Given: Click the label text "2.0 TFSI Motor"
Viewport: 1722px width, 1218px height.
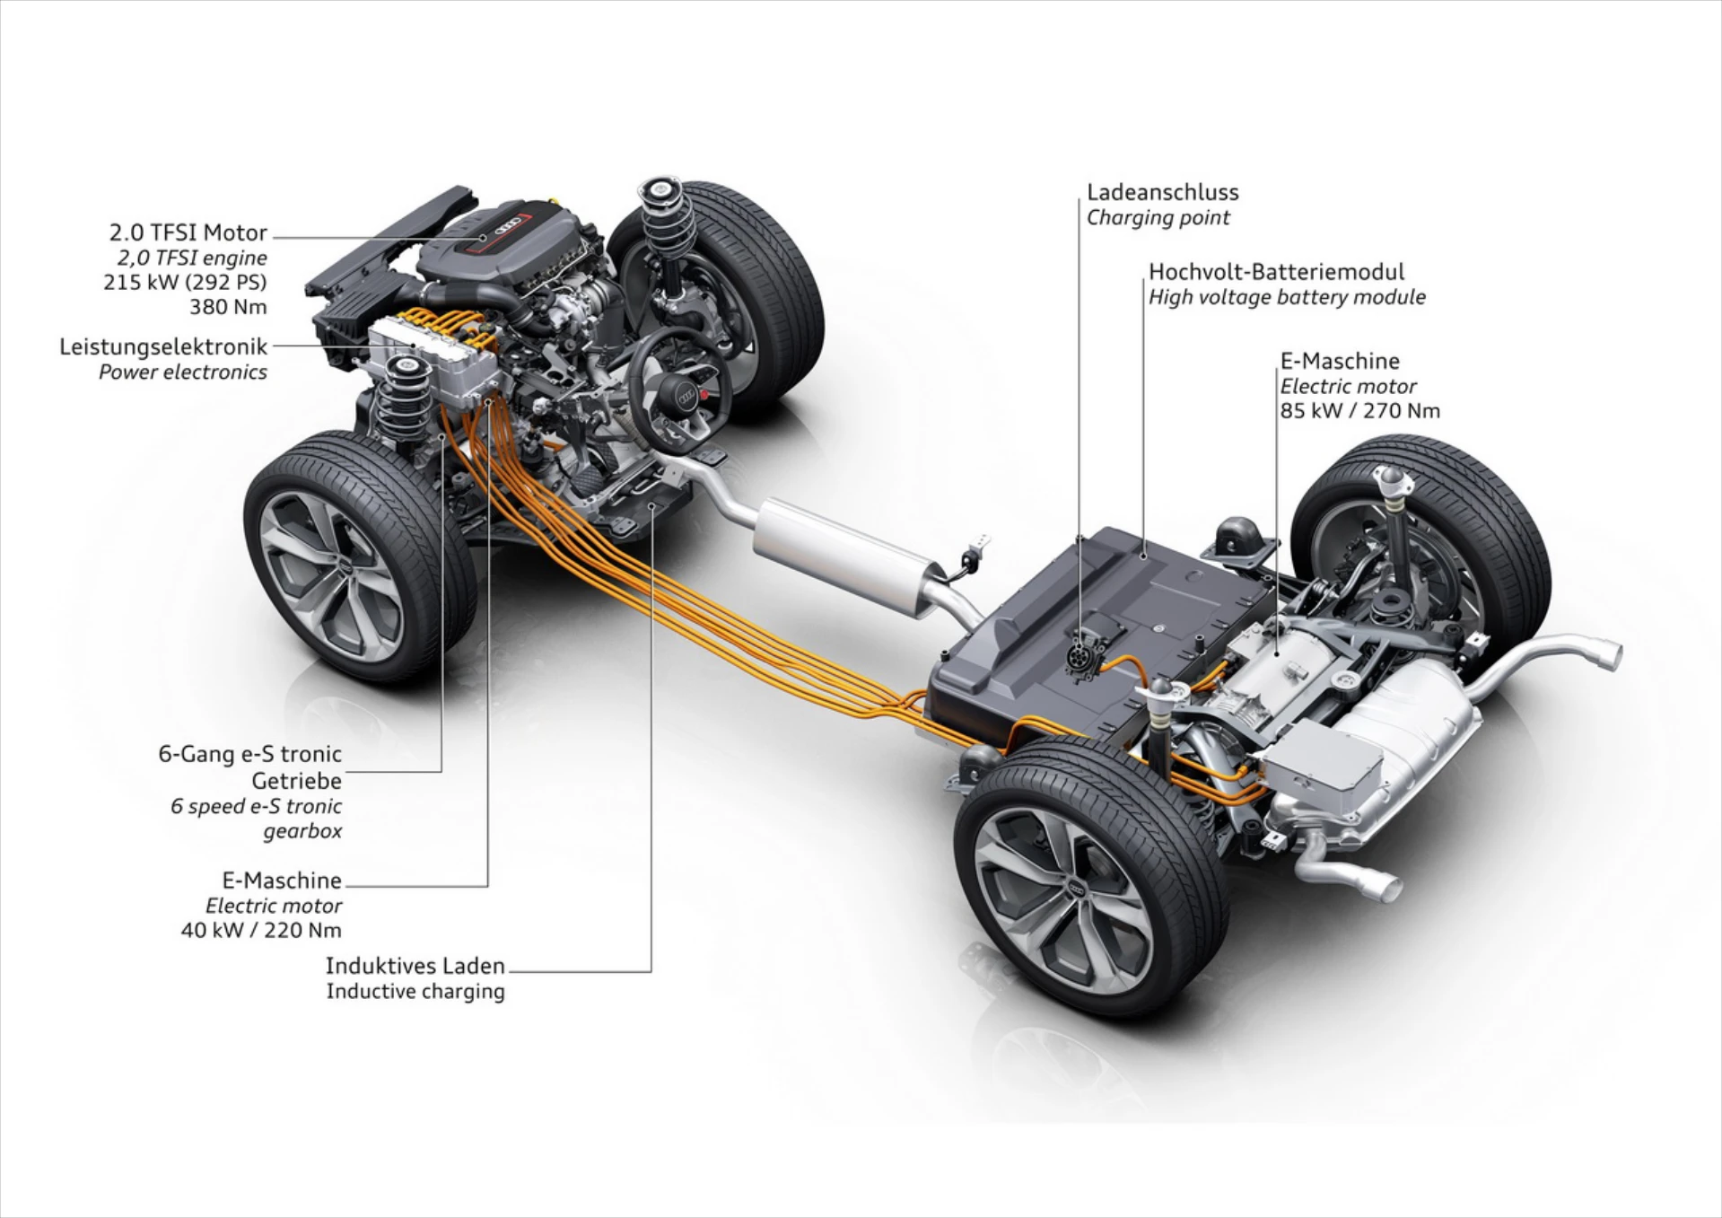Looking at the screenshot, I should tap(188, 232).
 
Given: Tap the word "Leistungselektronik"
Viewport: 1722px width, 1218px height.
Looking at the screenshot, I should tap(163, 346).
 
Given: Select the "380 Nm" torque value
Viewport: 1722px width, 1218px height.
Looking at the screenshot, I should tap(228, 307).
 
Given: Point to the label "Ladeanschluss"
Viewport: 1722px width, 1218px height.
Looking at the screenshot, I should tap(1162, 192).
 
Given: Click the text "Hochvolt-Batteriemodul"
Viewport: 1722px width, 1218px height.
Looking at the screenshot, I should tap(1276, 272).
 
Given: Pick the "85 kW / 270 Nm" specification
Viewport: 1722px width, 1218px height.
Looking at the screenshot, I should tap(1359, 411).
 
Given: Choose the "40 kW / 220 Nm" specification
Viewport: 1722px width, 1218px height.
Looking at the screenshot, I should tap(261, 930).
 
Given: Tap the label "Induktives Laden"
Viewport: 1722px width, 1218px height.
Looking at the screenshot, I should tap(415, 966).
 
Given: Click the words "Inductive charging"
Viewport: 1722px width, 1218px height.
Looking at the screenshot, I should tap(415, 991).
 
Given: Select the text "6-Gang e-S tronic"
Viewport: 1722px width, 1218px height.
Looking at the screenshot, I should tap(249, 754).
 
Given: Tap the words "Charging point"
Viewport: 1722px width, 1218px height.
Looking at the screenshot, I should tap(1158, 217).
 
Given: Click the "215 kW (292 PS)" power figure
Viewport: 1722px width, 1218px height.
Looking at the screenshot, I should tap(185, 282).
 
